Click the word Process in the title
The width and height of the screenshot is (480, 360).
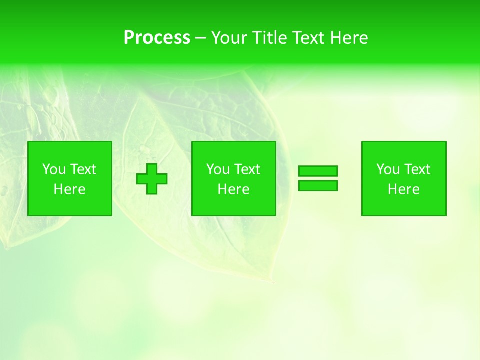coord(157,38)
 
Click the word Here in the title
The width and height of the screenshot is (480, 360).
coord(349,38)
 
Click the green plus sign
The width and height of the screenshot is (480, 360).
coord(152,178)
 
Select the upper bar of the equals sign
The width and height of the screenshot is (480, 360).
coord(318,171)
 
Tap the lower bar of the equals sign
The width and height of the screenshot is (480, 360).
coord(318,185)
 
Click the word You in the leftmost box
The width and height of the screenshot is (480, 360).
coord(54,169)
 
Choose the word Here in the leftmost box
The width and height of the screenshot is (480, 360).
coord(69,189)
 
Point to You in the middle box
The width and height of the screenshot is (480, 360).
coord(218,169)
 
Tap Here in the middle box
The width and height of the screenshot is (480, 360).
coord(233,189)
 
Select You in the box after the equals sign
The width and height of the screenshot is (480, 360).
coord(388,169)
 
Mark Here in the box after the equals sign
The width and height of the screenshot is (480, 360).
coord(403,189)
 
